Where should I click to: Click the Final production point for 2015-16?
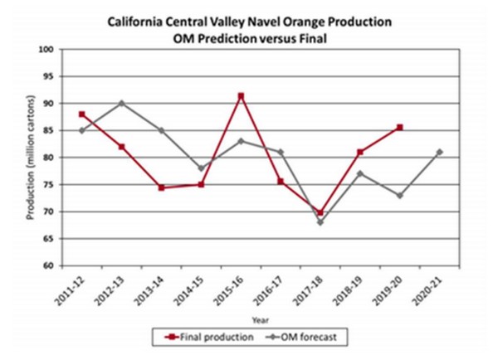(x=241, y=96)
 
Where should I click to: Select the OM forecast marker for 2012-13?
(x=121, y=103)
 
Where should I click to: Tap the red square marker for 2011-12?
(x=81, y=114)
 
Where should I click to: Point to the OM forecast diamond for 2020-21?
(x=438, y=152)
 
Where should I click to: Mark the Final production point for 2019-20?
(x=399, y=127)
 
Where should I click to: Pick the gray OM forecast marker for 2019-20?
(x=399, y=195)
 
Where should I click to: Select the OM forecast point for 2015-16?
(x=241, y=141)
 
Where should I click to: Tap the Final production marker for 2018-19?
(x=359, y=152)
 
